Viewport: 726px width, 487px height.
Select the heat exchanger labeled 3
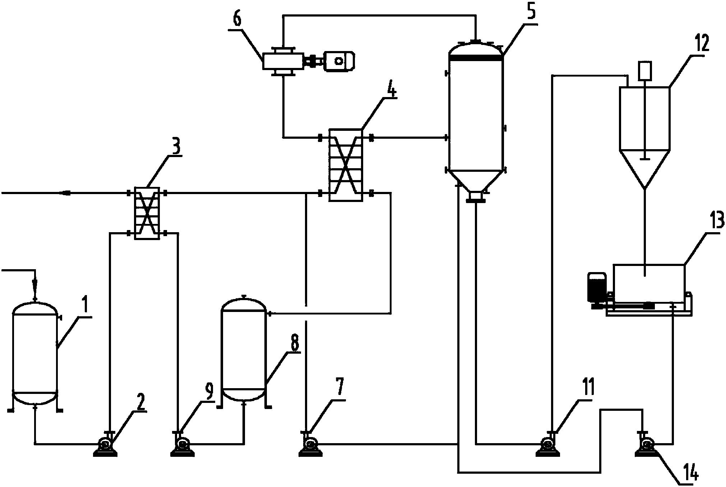pos(147,213)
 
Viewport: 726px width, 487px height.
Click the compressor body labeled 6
pos(282,61)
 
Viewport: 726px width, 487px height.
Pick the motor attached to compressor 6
pos(339,61)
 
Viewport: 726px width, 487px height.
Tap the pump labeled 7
pos(311,446)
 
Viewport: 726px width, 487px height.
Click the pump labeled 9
pos(182,446)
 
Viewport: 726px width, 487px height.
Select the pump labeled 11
pos(548,446)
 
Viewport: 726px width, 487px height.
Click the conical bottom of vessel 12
pos(645,169)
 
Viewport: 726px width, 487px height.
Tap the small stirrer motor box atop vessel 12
pos(645,71)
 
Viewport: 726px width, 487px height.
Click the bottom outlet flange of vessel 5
pos(476,197)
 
